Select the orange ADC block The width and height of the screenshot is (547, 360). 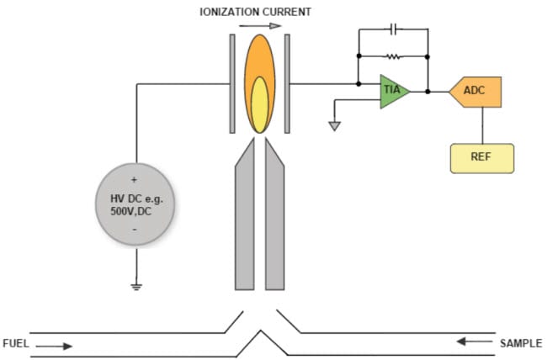pyautogui.click(x=476, y=92)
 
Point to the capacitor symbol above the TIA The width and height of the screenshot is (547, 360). pyautogui.click(x=394, y=29)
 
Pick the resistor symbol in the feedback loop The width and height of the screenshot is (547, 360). pyautogui.click(x=393, y=57)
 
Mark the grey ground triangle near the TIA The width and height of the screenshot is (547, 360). pyautogui.click(x=335, y=126)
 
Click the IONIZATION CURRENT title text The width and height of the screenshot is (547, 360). pyautogui.click(x=254, y=12)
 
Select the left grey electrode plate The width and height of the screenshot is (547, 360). pyautogui.click(x=232, y=83)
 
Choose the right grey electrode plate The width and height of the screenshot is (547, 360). pyautogui.click(x=287, y=83)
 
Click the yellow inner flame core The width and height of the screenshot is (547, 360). pyautogui.click(x=260, y=104)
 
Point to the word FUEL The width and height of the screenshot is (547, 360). pyautogui.click(x=17, y=344)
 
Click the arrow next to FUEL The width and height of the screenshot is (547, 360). pyautogui.click(x=56, y=345)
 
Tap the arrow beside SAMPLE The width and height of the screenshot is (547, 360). pyautogui.click(x=475, y=342)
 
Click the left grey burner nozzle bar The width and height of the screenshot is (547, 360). pyautogui.click(x=244, y=219)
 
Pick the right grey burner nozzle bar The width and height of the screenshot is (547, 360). pyautogui.click(x=276, y=219)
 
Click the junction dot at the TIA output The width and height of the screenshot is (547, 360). pyautogui.click(x=428, y=91)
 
